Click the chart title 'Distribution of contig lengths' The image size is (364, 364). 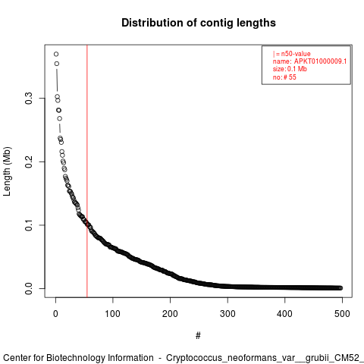pos(199,23)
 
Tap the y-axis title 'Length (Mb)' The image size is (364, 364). pos(8,171)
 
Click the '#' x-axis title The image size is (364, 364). pos(198,336)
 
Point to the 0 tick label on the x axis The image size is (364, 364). pos(55,314)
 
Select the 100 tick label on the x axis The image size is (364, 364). pos(113,314)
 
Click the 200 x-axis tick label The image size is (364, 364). pos(170,314)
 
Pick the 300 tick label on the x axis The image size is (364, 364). pos(227,314)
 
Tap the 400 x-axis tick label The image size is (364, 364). pos(284,314)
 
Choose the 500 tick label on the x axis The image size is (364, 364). pos(342,314)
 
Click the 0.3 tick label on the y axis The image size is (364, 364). pos(29,99)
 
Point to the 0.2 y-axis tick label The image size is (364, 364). pos(29,162)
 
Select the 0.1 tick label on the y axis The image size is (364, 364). pos(29,225)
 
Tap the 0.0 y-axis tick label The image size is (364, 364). pos(29,288)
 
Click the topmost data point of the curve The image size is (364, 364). pos(56,54)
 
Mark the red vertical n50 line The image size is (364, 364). pos(87,171)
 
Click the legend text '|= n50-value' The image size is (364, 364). pos(292,54)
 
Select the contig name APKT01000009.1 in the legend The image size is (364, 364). pos(320,61)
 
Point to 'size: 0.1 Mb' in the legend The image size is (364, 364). pos(290,69)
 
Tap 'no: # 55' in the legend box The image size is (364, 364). pos(284,77)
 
